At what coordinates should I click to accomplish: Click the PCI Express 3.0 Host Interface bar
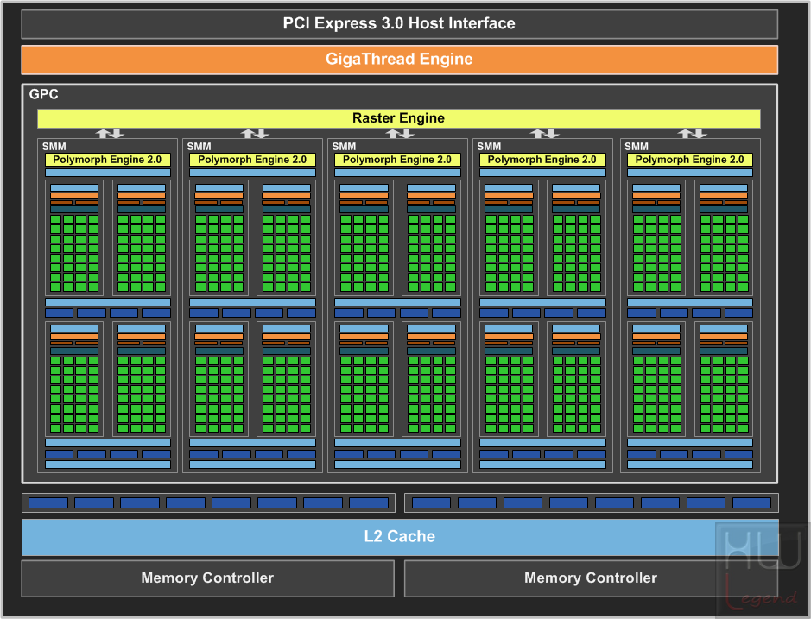(399, 24)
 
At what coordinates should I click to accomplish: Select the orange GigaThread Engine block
(399, 60)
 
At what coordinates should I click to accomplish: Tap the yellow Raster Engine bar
(399, 118)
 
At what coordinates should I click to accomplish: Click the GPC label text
(43, 94)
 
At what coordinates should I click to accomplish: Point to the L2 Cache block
(400, 537)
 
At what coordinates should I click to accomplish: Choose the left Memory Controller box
(208, 578)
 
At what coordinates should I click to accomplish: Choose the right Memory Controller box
(591, 578)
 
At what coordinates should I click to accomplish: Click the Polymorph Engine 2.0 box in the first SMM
(108, 160)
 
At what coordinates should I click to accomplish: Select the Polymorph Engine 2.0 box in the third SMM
(397, 160)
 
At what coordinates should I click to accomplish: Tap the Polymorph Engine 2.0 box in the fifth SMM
(690, 160)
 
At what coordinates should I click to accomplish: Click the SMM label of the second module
(200, 147)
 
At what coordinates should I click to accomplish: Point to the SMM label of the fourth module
(489, 147)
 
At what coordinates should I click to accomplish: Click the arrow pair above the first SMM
(110, 134)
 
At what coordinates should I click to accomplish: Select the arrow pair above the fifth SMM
(692, 134)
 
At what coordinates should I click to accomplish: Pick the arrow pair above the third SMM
(399, 134)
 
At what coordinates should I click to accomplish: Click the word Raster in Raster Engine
(370, 118)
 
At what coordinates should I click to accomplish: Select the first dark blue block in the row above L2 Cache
(48, 502)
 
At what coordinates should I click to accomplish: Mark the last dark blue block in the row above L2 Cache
(752, 502)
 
